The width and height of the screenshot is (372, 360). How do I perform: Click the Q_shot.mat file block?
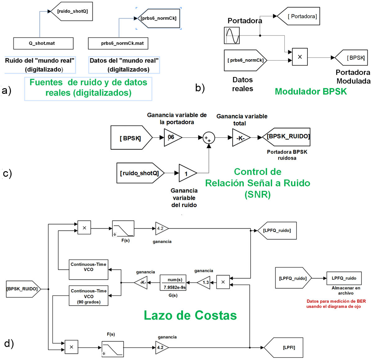click(43, 43)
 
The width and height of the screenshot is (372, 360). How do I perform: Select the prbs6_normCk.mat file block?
click(118, 43)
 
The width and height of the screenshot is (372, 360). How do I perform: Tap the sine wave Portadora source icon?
click(232, 35)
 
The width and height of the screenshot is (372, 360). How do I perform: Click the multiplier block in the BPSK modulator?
click(300, 57)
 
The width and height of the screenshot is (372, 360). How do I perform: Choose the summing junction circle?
click(209, 138)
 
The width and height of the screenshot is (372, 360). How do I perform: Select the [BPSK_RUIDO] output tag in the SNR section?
click(287, 137)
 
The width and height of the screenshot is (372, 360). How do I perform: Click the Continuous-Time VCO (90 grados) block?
click(88, 296)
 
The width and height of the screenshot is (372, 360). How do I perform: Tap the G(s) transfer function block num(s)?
click(173, 283)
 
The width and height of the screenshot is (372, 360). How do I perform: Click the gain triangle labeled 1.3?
click(205, 283)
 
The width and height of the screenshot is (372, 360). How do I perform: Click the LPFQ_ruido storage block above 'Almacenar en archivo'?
click(344, 278)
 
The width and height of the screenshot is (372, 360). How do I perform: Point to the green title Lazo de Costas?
click(190, 316)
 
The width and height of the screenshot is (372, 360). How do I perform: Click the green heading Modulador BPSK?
click(311, 92)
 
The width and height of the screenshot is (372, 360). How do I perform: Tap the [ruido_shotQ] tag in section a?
click(72, 11)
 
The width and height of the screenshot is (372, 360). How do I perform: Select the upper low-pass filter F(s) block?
click(123, 229)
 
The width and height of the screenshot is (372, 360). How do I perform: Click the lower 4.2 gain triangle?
click(161, 348)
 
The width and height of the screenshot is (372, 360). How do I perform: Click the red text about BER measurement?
click(336, 304)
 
